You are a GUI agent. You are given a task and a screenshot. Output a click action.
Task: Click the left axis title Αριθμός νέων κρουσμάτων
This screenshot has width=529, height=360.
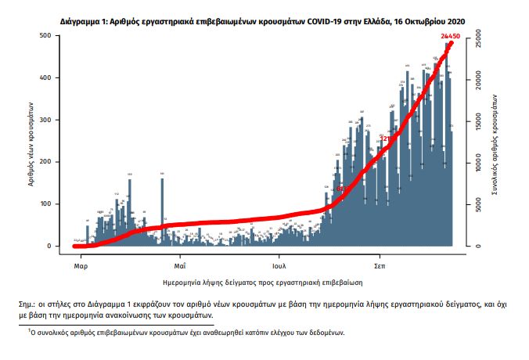[x=26, y=142]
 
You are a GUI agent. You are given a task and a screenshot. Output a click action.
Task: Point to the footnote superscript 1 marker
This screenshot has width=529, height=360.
[x=29, y=330]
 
